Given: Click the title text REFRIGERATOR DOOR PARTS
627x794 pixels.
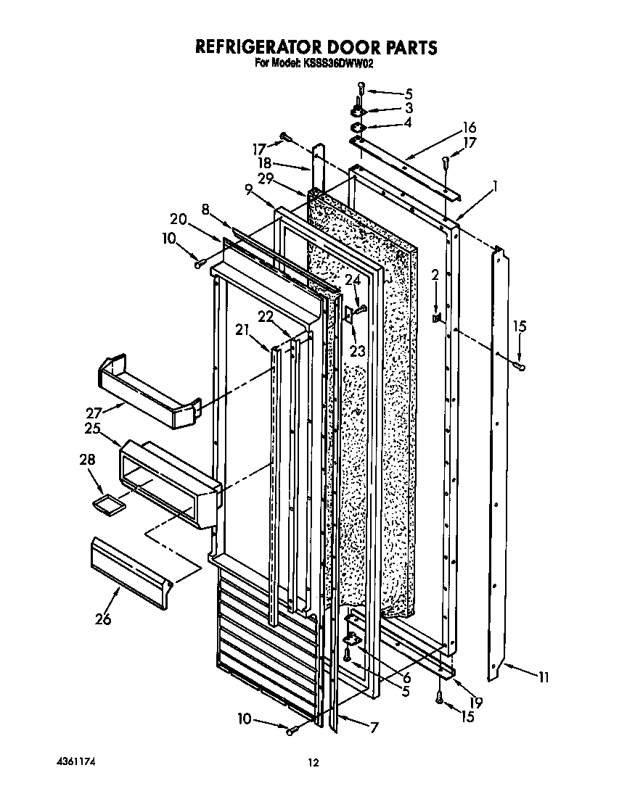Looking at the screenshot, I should click(x=316, y=47).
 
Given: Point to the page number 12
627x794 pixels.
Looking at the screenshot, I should click(x=313, y=761).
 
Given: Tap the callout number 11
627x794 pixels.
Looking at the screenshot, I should click(x=542, y=678).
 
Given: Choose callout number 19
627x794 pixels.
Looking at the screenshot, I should click(x=476, y=702).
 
